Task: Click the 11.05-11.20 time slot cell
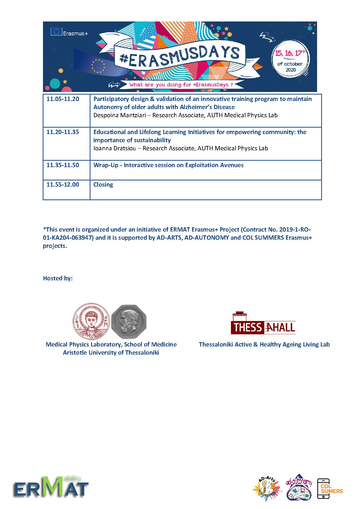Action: coord(63,99)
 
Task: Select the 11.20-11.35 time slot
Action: coord(63,132)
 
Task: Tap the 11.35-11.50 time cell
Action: coord(63,165)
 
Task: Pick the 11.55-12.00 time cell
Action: coord(63,185)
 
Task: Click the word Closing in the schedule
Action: coord(103,185)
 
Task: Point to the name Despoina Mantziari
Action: coord(120,115)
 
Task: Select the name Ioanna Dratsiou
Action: coord(115,149)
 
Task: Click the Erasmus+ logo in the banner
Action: coord(69,32)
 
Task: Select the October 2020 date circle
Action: coord(290,61)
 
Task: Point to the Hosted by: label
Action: coord(58,279)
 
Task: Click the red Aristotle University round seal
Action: coord(91,321)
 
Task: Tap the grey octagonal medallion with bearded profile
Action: coord(129,322)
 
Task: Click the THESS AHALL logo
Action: coord(263,324)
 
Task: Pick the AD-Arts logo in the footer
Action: coord(267,489)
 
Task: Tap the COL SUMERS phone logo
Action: coord(330,489)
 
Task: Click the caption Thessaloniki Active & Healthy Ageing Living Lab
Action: coord(264,345)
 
